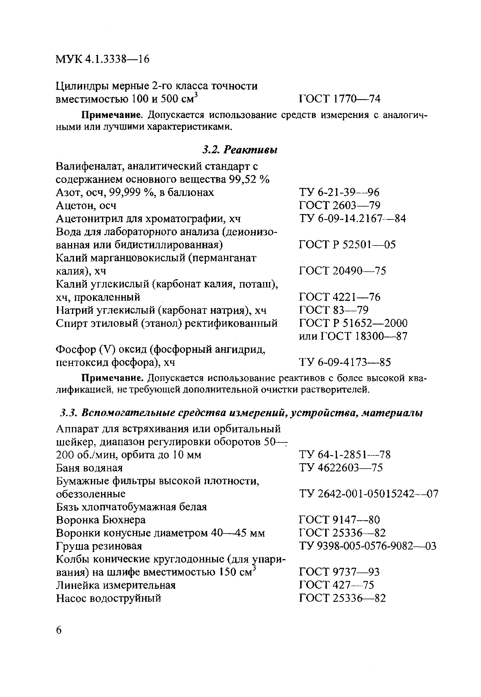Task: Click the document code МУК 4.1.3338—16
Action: point(102,59)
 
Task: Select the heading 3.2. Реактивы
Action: point(240,150)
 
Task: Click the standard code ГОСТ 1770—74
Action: point(340,99)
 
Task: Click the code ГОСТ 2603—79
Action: point(340,206)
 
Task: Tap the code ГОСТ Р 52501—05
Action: point(347,244)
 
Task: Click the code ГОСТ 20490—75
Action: point(342,271)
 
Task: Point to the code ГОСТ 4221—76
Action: point(340,297)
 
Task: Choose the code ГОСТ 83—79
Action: point(334,310)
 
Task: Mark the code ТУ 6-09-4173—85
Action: point(345,362)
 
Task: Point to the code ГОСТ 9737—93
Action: point(339,572)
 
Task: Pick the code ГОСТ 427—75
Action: point(336,585)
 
